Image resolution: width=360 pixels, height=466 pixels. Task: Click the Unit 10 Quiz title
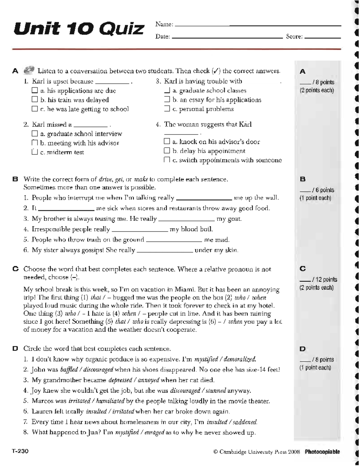click(79, 29)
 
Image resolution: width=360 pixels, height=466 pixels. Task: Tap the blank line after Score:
click(322, 38)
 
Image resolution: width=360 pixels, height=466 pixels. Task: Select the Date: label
click(162, 37)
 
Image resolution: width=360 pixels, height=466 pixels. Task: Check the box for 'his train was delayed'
click(35, 100)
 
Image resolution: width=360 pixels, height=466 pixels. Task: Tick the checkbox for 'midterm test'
click(35, 152)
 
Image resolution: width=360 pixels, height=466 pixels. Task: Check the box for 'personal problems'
click(167, 109)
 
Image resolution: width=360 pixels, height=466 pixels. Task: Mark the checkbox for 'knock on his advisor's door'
click(167, 141)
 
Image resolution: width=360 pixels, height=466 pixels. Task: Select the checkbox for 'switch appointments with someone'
click(167, 160)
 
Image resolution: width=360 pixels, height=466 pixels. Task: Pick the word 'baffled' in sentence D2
click(69, 370)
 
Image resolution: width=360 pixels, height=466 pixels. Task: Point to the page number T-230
click(20, 451)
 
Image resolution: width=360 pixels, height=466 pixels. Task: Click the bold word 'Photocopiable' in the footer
click(322, 452)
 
